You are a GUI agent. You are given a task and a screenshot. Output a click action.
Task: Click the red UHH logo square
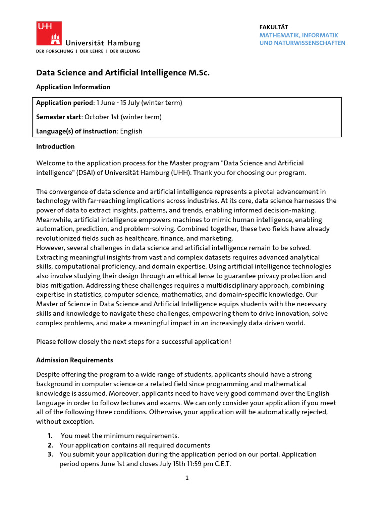click(x=49, y=33)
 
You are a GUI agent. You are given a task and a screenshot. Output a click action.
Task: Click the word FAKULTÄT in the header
click(x=274, y=27)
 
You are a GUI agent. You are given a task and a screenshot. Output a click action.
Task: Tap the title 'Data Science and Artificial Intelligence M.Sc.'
click(x=123, y=73)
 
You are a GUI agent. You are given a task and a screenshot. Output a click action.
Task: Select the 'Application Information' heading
click(x=73, y=87)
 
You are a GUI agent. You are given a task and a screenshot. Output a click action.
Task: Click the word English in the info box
click(x=131, y=131)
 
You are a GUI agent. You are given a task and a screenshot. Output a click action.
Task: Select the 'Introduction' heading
click(x=55, y=146)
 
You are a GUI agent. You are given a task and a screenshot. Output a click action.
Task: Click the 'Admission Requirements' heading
click(x=75, y=360)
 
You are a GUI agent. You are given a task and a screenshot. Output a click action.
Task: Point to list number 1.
click(x=50, y=436)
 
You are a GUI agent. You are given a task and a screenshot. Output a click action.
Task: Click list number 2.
click(x=50, y=445)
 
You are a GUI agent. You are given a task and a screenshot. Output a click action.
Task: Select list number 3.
click(x=50, y=454)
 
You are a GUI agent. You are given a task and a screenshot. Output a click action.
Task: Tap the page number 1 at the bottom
click(x=187, y=478)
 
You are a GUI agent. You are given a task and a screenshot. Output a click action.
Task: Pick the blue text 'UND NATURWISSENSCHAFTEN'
click(x=302, y=43)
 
